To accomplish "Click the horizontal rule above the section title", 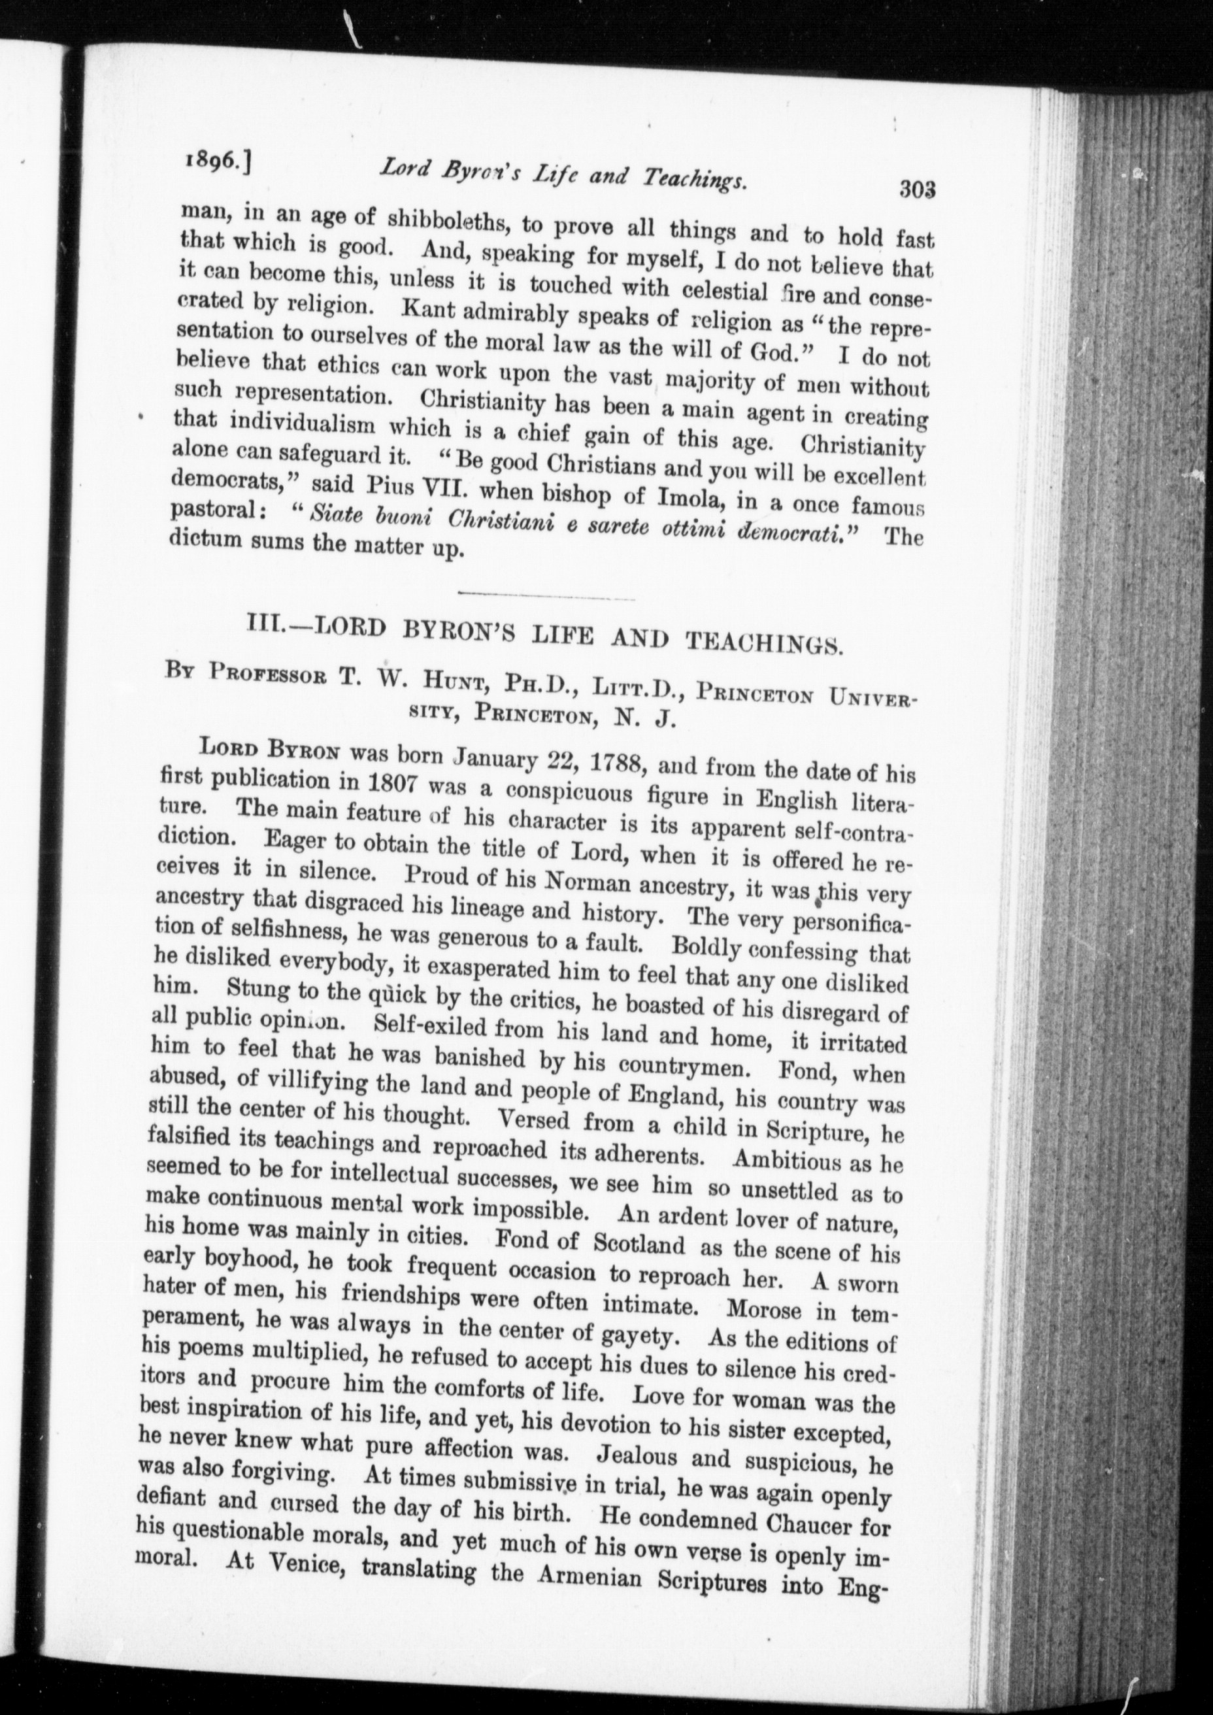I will point(545,596).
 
